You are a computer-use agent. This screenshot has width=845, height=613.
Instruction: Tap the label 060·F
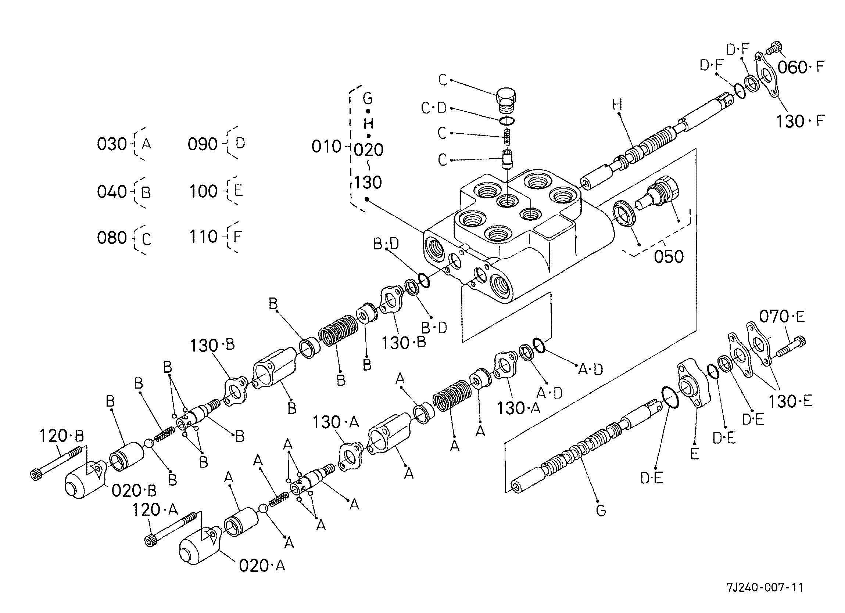click(x=801, y=68)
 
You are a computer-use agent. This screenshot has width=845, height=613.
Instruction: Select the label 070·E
click(x=782, y=317)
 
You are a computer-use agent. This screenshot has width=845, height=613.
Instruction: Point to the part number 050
click(x=669, y=257)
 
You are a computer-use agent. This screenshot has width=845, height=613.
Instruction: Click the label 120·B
click(x=61, y=435)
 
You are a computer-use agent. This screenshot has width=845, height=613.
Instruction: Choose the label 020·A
click(x=262, y=566)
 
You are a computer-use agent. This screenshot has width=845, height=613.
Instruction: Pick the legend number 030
click(x=112, y=144)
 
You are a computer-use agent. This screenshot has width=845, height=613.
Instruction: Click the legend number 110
click(x=203, y=237)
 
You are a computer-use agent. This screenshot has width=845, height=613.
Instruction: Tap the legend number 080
click(x=112, y=238)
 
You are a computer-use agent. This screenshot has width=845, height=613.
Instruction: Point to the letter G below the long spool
click(x=601, y=510)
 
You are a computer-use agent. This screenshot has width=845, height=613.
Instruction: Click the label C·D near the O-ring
click(x=434, y=108)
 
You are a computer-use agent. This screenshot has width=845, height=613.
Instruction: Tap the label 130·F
click(x=801, y=122)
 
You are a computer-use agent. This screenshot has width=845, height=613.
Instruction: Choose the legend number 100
click(x=203, y=191)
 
